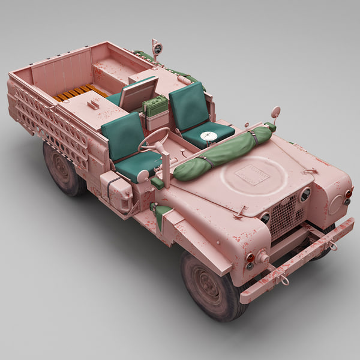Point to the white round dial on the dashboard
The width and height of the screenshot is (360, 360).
(x=208, y=137)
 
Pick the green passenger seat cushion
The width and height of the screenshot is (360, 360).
(x=207, y=133)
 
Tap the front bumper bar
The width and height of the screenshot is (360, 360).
(x=300, y=259)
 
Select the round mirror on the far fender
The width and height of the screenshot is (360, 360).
(x=275, y=112)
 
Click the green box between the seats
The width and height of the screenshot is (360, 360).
(x=155, y=107)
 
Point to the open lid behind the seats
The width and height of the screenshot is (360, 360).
(x=139, y=94)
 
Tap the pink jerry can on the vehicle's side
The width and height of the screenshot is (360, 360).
(x=116, y=190)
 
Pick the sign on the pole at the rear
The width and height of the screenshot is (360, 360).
(x=157, y=48)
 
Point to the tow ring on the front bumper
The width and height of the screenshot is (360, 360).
(x=282, y=277)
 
